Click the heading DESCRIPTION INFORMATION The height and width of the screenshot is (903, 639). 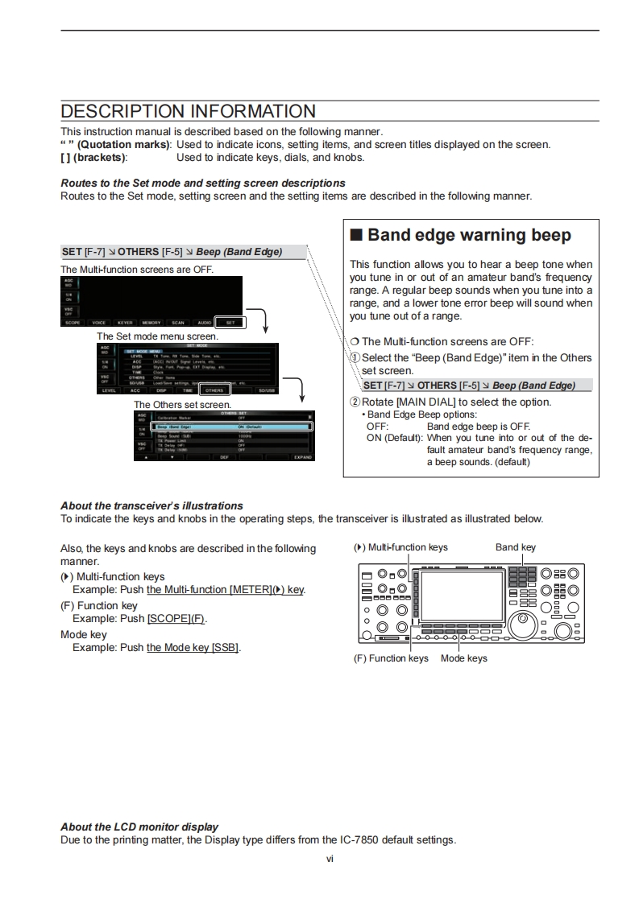pyautogui.click(x=188, y=111)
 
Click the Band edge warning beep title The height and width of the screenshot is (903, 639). pyautogui.click(x=469, y=235)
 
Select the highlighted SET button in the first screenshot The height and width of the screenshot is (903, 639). pyautogui.click(x=230, y=322)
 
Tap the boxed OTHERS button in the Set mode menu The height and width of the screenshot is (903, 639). pyautogui.click(x=214, y=390)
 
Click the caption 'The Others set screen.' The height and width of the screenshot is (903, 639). pyautogui.click(x=182, y=404)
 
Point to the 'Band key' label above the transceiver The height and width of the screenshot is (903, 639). pyautogui.click(x=516, y=547)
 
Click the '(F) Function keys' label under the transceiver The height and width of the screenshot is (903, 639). pyautogui.click(x=391, y=658)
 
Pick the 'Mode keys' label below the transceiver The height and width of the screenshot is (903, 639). pyautogui.click(x=464, y=658)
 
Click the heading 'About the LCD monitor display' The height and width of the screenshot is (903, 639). pyautogui.click(x=139, y=827)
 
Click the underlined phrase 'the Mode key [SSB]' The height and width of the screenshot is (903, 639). pyautogui.click(x=193, y=647)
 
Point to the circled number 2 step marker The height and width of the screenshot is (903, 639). pyautogui.click(x=355, y=402)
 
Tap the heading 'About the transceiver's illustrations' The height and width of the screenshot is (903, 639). pyautogui.click(x=151, y=505)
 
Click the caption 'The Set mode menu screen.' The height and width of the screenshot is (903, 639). pyautogui.click(x=157, y=336)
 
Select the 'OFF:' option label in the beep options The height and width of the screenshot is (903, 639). pyautogui.click(x=377, y=427)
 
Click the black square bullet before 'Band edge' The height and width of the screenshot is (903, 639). pyautogui.click(x=357, y=236)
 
